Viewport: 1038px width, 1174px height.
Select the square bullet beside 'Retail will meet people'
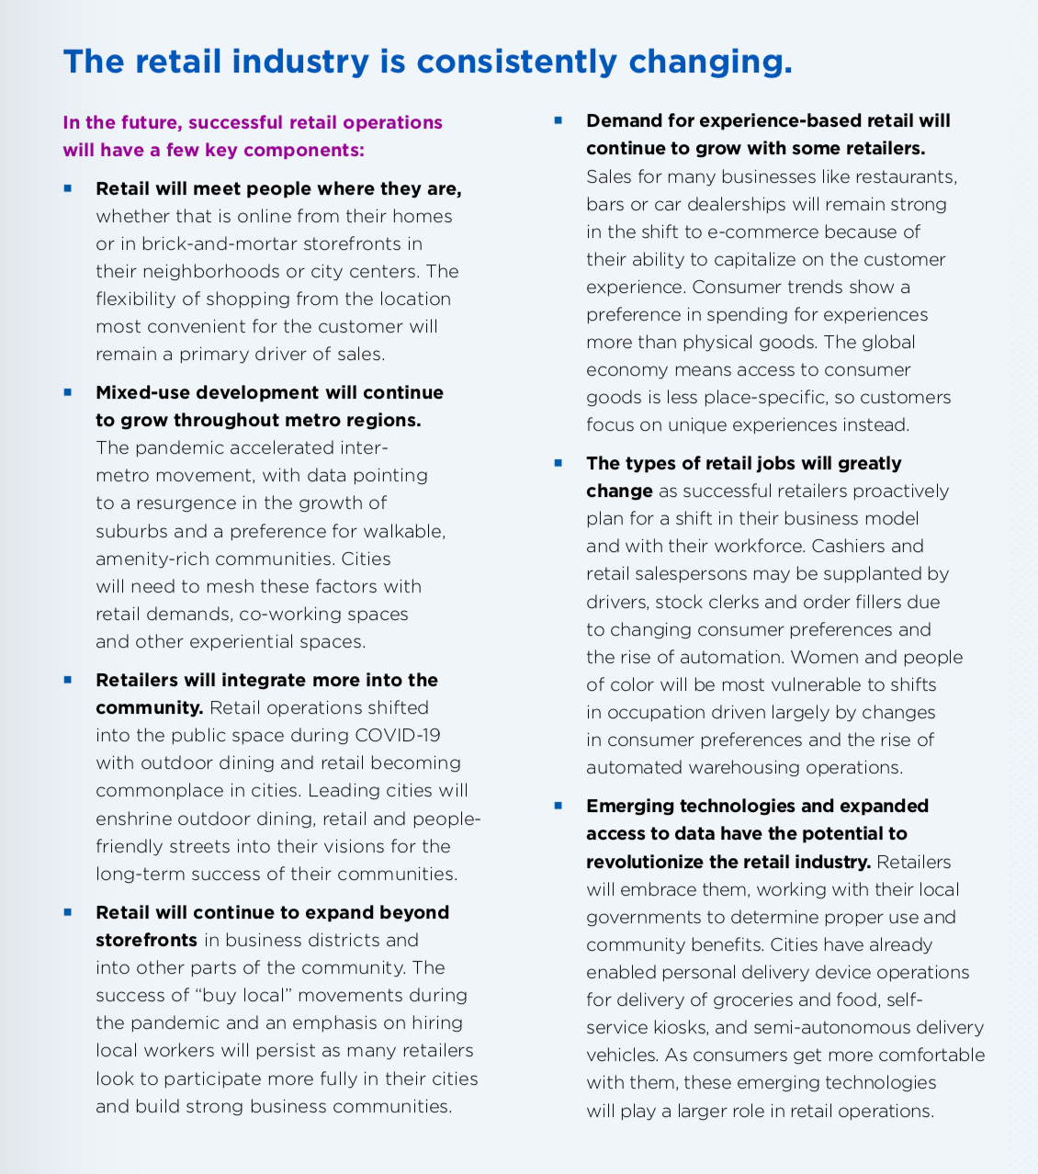[x=68, y=188]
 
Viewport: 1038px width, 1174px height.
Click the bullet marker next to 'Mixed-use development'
[x=68, y=392]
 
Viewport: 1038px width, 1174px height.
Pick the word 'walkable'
[x=401, y=531]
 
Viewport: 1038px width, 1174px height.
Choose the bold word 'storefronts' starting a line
[x=146, y=940]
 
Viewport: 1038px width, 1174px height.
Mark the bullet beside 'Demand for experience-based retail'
[x=558, y=120]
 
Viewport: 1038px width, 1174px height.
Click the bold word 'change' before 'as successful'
[x=619, y=491]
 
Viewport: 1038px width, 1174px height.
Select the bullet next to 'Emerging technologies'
[x=558, y=806]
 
